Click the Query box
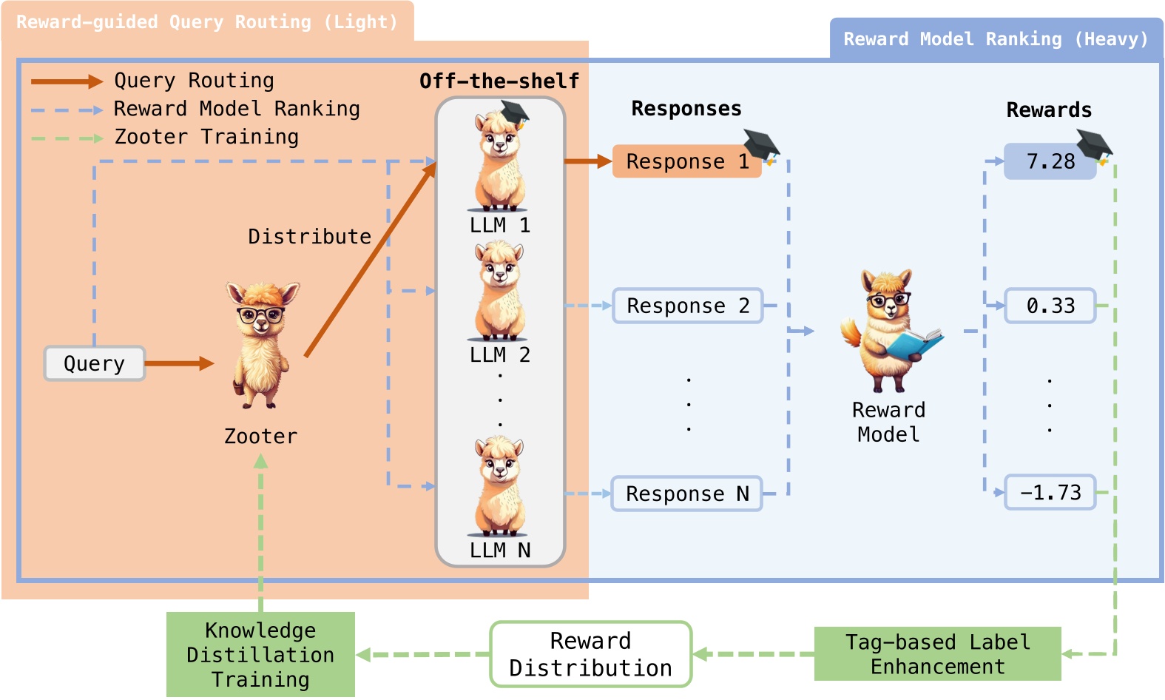(x=94, y=363)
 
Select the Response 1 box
(x=686, y=161)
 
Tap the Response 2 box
(x=688, y=306)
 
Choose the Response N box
(x=686, y=494)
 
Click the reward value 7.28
(x=1050, y=161)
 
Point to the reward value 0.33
(x=1050, y=306)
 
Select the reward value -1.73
(x=1050, y=492)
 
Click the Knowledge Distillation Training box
(x=260, y=654)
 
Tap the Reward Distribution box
(x=591, y=654)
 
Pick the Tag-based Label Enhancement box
(x=938, y=653)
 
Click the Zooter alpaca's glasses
(x=260, y=315)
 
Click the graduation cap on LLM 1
(x=514, y=114)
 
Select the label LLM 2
(x=500, y=355)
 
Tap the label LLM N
(x=500, y=550)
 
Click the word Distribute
(x=309, y=237)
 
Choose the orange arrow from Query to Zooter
(x=180, y=363)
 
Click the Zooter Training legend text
(x=206, y=137)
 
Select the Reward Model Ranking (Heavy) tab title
(x=996, y=39)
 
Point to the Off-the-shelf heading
(x=499, y=81)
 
